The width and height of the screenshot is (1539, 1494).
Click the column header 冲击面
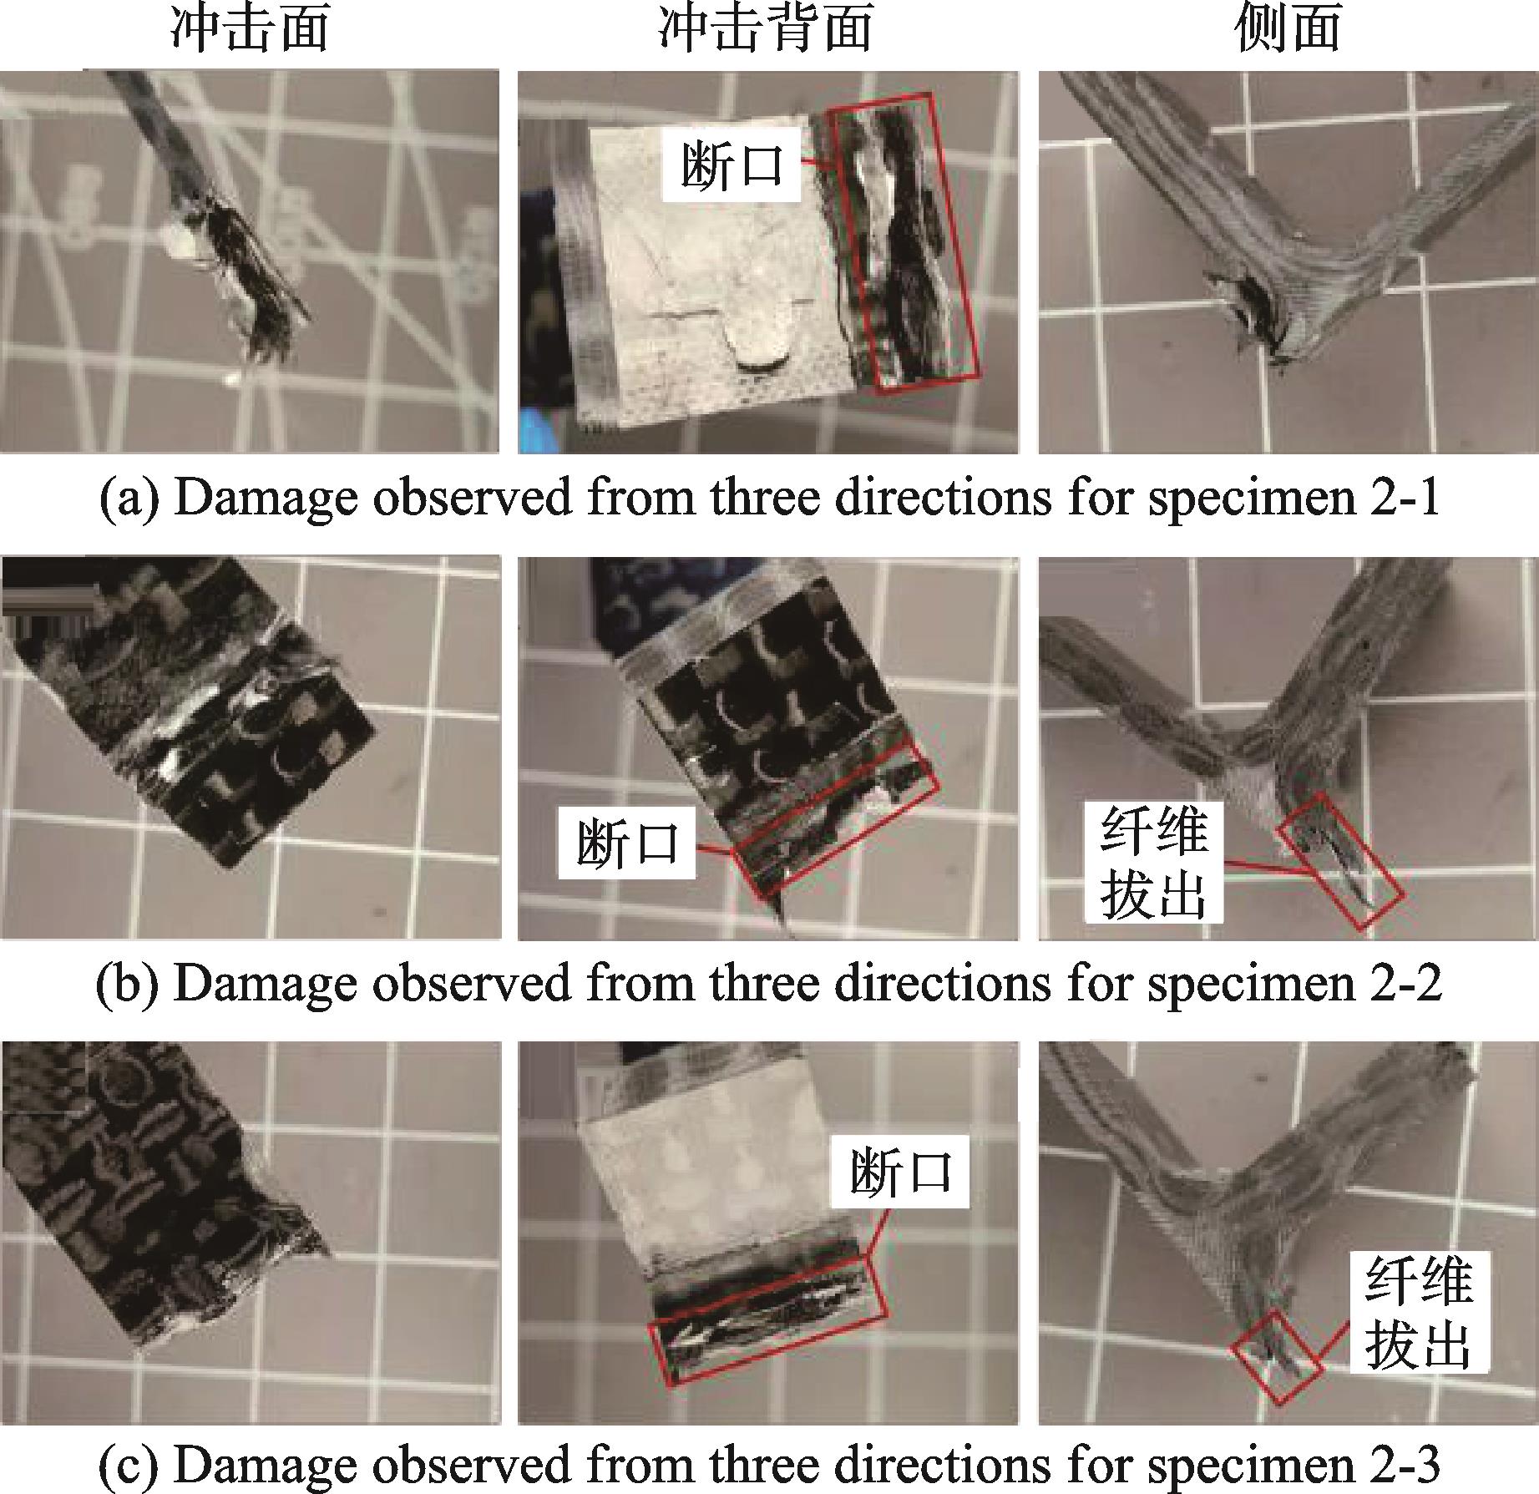(x=250, y=29)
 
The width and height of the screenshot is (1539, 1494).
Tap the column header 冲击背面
(x=765, y=29)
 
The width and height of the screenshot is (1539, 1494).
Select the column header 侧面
(x=1288, y=29)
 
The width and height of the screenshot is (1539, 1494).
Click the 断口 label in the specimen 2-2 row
(x=627, y=844)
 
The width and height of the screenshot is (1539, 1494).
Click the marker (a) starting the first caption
(x=128, y=499)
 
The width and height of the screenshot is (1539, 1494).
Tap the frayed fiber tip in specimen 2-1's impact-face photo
(x=267, y=334)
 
